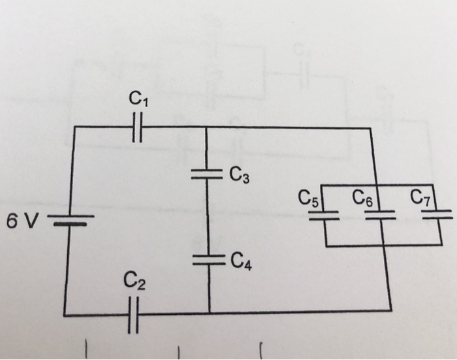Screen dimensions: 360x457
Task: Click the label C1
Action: (x=138, y=99)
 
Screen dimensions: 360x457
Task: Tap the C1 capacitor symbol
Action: (x=136, y=127)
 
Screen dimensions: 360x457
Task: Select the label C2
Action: (x=136, y=282)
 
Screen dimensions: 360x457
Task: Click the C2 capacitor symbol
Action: (x=134, y=314)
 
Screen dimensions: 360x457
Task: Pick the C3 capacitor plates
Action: (x=207, y=174)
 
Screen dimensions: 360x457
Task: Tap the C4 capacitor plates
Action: (x=208, y=259)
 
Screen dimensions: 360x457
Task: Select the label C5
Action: (x=307, y=198)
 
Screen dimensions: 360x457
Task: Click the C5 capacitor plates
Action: (x=323, y=216)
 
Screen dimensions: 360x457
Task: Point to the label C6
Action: (x=364, y=197)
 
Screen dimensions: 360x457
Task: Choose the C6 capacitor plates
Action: (x=380, y=216)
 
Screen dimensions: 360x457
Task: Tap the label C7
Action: (x=420, y=197)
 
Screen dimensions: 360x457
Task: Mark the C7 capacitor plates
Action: (x=437, y=216)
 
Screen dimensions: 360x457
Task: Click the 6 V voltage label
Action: (x=22, y=222)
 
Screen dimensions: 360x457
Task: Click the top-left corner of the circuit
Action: (x=74, y=128)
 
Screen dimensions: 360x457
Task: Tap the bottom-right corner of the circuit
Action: (x=390, y=310)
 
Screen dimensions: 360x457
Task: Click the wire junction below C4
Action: (x=209, y=312)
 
